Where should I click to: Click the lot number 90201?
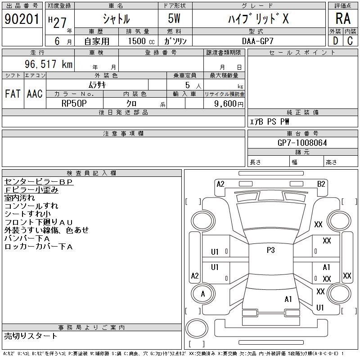[x=22, y=19]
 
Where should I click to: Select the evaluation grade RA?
[x=343, y=18]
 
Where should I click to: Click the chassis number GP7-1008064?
[x=302, y=143]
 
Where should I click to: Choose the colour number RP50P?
[x=74, y=103]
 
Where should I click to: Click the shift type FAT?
[x=13, y=94]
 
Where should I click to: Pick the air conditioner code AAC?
[x=35, y=94]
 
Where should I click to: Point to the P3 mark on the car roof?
[x=270, y=250]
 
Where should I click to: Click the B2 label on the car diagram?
[x=321, y=184]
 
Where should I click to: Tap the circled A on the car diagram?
[x=203, y=294]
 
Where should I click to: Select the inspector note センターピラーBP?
[x=38, y=182]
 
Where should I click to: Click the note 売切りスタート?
[x=31, y=336]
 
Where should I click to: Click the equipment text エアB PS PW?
[x=270, y=121]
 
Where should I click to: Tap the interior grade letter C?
[x=350, y=41]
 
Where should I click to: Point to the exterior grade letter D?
[x=335, y=41]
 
